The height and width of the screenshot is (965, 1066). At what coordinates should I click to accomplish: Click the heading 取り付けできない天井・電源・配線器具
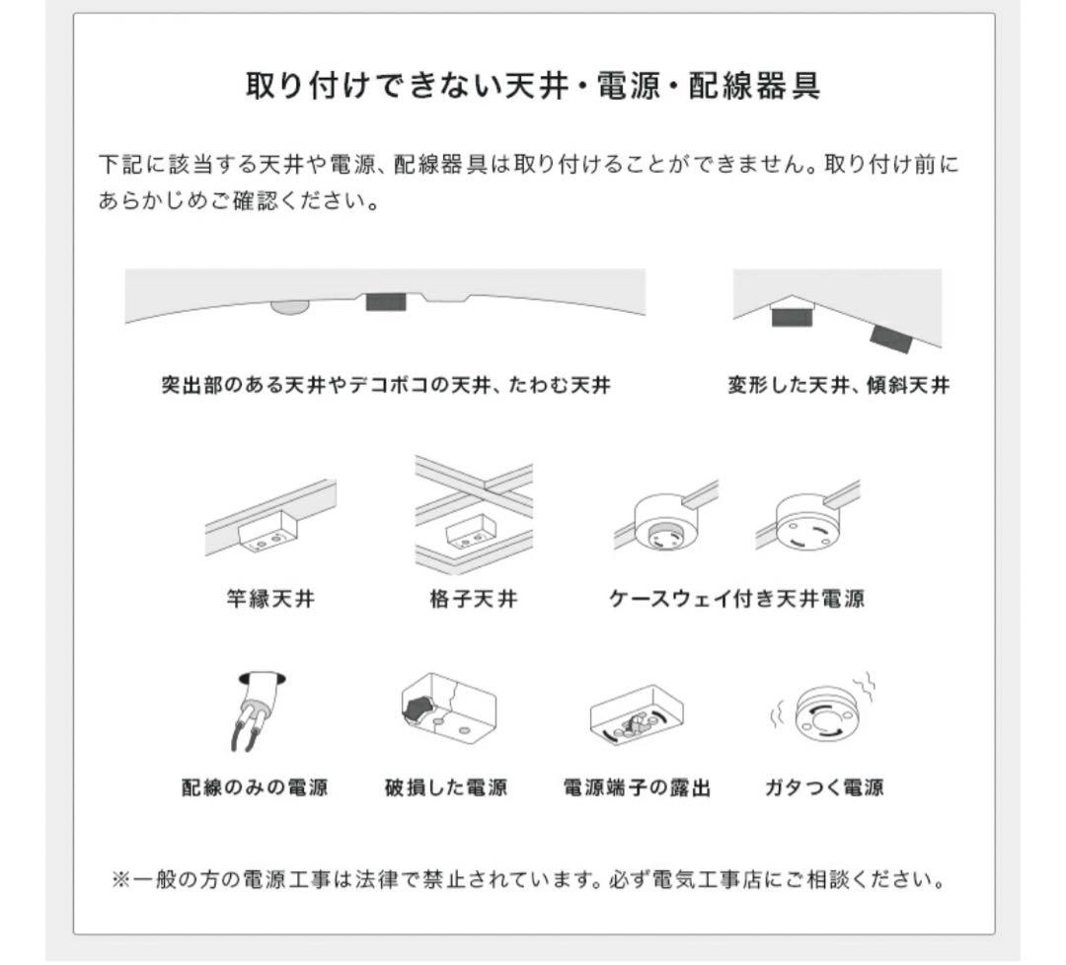pyautogui.click(x=533, y=86)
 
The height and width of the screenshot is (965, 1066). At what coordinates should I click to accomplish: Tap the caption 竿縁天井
pyautogui.click(x=270, y=598)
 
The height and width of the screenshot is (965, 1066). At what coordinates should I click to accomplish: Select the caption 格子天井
pyautogui.click(x=467, y=598)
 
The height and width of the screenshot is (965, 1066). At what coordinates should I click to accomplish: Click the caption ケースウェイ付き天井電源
pyautogui.click(x=736, y=598)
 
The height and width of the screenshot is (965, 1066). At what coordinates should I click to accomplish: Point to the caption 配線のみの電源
pyautogui.click(x=255, y=787)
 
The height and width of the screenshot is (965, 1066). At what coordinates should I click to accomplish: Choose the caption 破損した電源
pyautogui.click(x=446, y=787)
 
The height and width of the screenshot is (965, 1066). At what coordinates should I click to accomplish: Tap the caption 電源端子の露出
pyautogui.click(x=637, y=787)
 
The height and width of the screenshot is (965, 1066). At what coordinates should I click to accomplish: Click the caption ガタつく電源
pyautogui.click(x=824, y=787)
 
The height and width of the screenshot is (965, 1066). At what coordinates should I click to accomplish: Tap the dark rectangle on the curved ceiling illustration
pyautogui.click(x=386, y=302)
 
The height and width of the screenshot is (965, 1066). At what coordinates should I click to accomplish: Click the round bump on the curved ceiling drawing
pyautogui.click(x=289, y=307)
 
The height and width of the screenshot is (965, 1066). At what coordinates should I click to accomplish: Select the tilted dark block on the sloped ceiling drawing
pyautogui.click(x=890, y=339)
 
